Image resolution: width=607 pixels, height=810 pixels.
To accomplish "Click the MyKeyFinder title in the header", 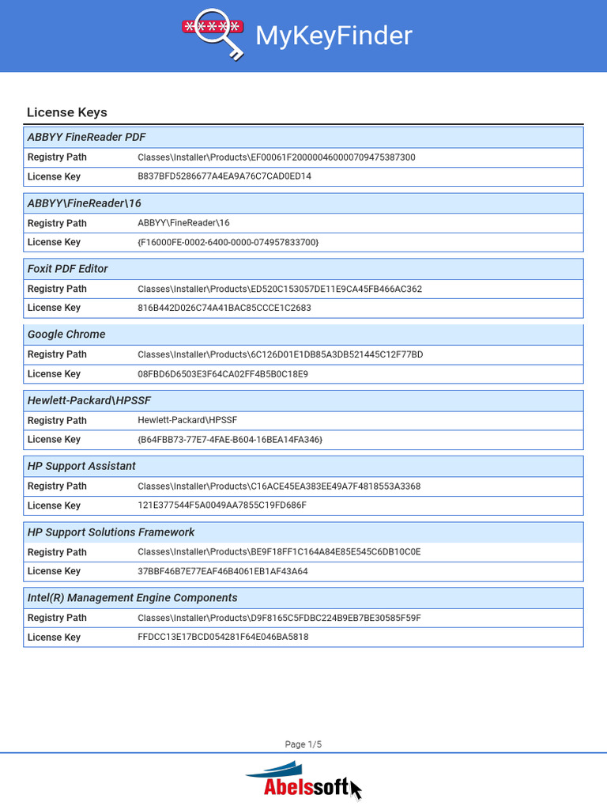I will [x=333, y=36].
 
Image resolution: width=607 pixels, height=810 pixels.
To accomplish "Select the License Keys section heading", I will [x=67, y=112].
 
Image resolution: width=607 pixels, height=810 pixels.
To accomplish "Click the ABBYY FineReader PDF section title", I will [x=87, y=137].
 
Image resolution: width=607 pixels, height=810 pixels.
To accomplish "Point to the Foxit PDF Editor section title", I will [x=68, y=269].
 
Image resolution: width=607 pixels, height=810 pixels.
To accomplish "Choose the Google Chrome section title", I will [x=66, y=335].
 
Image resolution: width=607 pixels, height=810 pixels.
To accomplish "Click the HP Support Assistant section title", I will [x=81, y=466].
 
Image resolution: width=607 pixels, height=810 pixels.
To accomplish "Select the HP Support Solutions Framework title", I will [x=111, y=532].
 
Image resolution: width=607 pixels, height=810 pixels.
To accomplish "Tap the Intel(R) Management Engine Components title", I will [x=132, y=598].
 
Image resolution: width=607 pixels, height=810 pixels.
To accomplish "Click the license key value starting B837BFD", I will [x=224, y=176].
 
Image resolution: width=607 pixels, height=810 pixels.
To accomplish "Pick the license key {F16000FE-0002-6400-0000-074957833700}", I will [x=228, y=242].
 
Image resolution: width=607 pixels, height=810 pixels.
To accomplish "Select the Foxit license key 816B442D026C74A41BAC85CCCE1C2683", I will [x=224, y=308].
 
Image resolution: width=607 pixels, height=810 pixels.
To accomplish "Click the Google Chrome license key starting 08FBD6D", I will [x=223, y=373].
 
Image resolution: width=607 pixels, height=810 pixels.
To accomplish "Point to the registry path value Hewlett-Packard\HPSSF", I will [x=187, y=420].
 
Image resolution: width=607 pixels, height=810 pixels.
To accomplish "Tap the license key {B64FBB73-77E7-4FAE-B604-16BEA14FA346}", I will [x=230, y=439].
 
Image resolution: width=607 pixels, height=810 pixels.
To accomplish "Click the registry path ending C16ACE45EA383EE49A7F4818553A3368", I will [x=279, y=486].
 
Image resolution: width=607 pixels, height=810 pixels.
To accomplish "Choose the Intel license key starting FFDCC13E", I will [x=223, y=637].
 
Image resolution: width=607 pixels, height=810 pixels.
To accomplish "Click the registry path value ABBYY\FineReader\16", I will [x=183, y=223].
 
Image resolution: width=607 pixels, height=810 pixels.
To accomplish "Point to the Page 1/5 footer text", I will [x=303, y=744].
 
